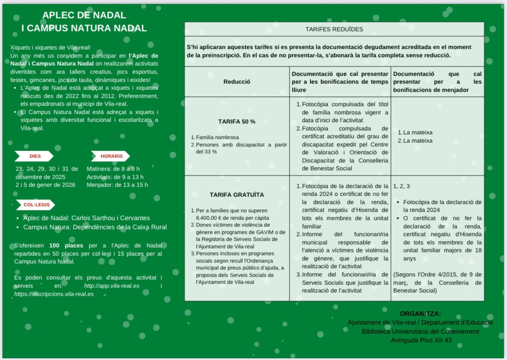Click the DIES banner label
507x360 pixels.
[35, 156]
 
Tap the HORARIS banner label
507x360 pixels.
[111, 156]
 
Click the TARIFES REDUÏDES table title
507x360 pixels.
[334, 29]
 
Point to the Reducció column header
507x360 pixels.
[237, 81]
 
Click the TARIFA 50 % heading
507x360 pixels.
[236, 121]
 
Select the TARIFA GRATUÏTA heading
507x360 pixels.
[237, 195]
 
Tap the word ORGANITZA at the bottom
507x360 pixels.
[420, 314]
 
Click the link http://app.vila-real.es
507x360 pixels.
[112, 286]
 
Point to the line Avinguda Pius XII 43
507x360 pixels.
[421, 340]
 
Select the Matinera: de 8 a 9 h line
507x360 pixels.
[113, 169]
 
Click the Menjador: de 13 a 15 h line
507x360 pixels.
[117, 185]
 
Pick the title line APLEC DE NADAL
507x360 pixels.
[84, 15]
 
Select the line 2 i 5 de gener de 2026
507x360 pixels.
[45, 185]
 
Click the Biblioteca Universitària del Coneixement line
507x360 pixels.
[420, 331]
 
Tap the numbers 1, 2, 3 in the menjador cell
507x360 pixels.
[401, 186]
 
